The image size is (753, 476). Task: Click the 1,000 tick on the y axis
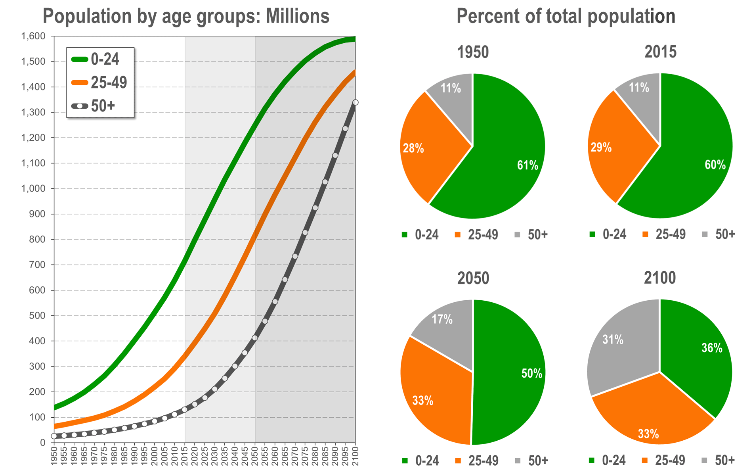[x=33, y=189]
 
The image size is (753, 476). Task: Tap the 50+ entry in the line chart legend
[x=103, y=106]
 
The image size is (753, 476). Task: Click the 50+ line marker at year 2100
[x=355, y=102]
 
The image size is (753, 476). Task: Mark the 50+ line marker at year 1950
[x=54, y=436]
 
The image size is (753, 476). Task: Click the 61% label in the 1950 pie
[x=527, y=165]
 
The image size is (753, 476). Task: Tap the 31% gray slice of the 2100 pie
[x=618, y=349]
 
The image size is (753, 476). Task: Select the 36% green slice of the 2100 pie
[x=701, y=357]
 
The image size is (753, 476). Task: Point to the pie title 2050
[x=473, y=278]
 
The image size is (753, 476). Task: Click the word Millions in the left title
[x=298, y=17]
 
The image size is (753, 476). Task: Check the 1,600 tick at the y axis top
[x=33, y=36]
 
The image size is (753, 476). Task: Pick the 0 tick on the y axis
[x=43, y=443]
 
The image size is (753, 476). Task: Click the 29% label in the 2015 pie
[x=601, y=148]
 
